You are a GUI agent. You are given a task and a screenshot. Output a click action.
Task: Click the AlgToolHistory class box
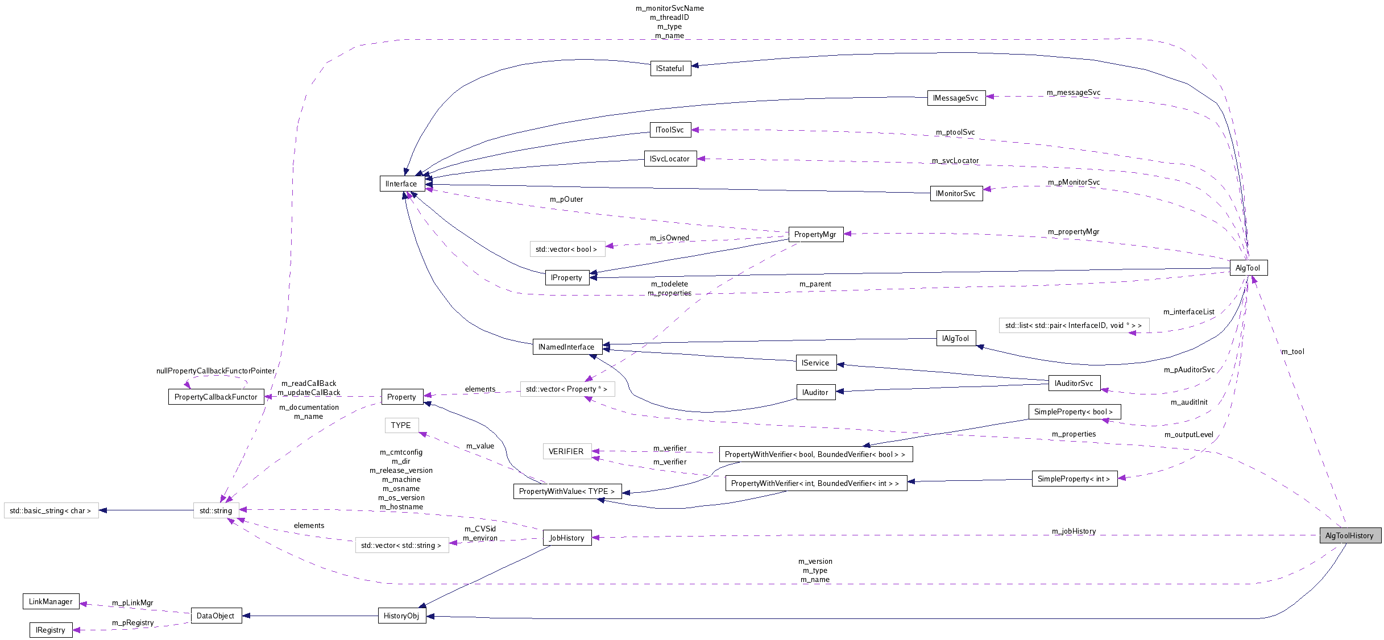click(1349, 535)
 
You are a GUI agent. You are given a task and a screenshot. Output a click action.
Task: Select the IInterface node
click(401, 184)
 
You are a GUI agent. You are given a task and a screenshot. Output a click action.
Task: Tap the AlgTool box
click(1248, 268)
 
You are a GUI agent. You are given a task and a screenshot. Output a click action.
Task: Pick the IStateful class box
click(670, 68)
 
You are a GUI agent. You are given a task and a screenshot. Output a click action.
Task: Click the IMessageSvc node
click(956, 98)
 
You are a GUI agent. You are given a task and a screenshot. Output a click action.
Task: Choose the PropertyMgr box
click(815, 234)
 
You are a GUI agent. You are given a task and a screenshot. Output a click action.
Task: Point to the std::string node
click(216, 510)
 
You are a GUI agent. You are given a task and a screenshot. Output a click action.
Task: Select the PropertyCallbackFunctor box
click(216, 397)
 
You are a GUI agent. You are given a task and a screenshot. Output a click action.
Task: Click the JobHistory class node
click(567, 538)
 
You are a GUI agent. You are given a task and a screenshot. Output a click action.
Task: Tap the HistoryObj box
click(401, 616)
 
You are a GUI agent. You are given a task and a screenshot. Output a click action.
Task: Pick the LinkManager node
click(51, 601)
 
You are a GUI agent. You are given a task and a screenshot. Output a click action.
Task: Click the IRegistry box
click(51, 630)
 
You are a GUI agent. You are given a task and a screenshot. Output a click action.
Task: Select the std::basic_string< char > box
click(51, 510)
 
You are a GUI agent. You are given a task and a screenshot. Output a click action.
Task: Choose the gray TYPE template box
click(401, 425)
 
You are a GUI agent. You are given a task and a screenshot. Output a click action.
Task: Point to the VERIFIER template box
click(566, 451)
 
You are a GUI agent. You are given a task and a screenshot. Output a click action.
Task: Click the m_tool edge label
click(1292, 351)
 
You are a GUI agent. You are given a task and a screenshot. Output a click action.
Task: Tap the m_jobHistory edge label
click(1074, 531)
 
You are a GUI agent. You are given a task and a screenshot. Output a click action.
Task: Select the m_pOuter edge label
click(566, 199)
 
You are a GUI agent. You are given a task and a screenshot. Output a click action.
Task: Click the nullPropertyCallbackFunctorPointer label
click(216, 371)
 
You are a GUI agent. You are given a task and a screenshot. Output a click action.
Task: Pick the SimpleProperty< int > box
click(1074, 479)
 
